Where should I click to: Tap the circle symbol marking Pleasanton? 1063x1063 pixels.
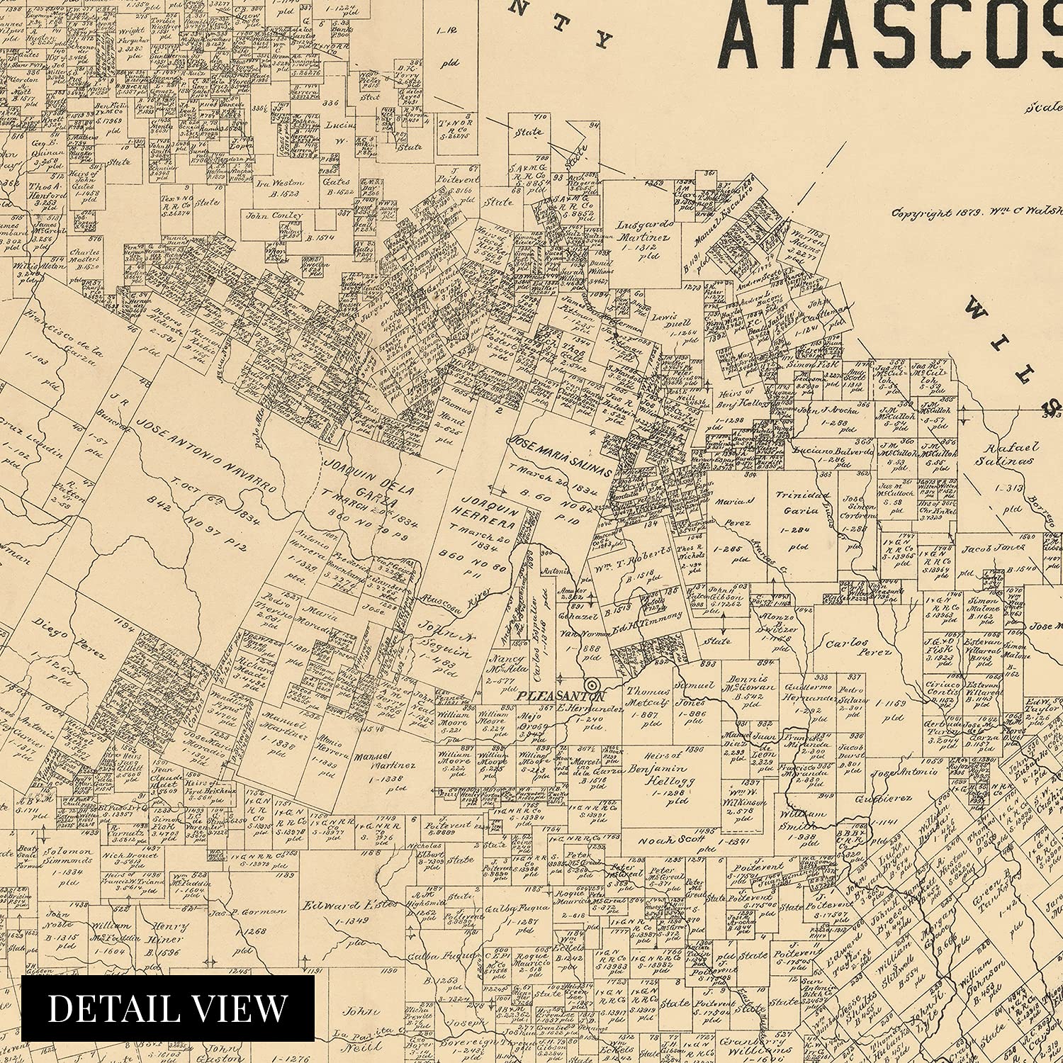pyautogui.click(x=594, y=685)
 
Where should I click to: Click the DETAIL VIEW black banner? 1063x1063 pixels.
pyautogui.click(x=168, y=1008)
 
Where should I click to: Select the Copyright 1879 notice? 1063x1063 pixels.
pyautogui.click(x=977, y=212)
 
